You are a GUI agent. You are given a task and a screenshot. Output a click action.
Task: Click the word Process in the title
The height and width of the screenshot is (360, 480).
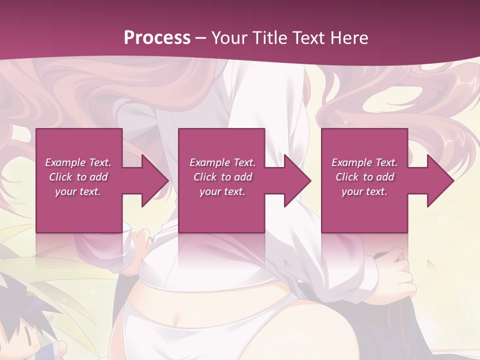click(157, 38)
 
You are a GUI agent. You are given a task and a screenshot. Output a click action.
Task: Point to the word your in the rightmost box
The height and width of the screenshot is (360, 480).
click(352, 191)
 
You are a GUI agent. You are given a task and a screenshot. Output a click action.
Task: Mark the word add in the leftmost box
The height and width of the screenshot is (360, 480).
click(98, 177)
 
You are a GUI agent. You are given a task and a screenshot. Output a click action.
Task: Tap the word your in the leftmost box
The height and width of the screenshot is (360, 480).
click(65, 191)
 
